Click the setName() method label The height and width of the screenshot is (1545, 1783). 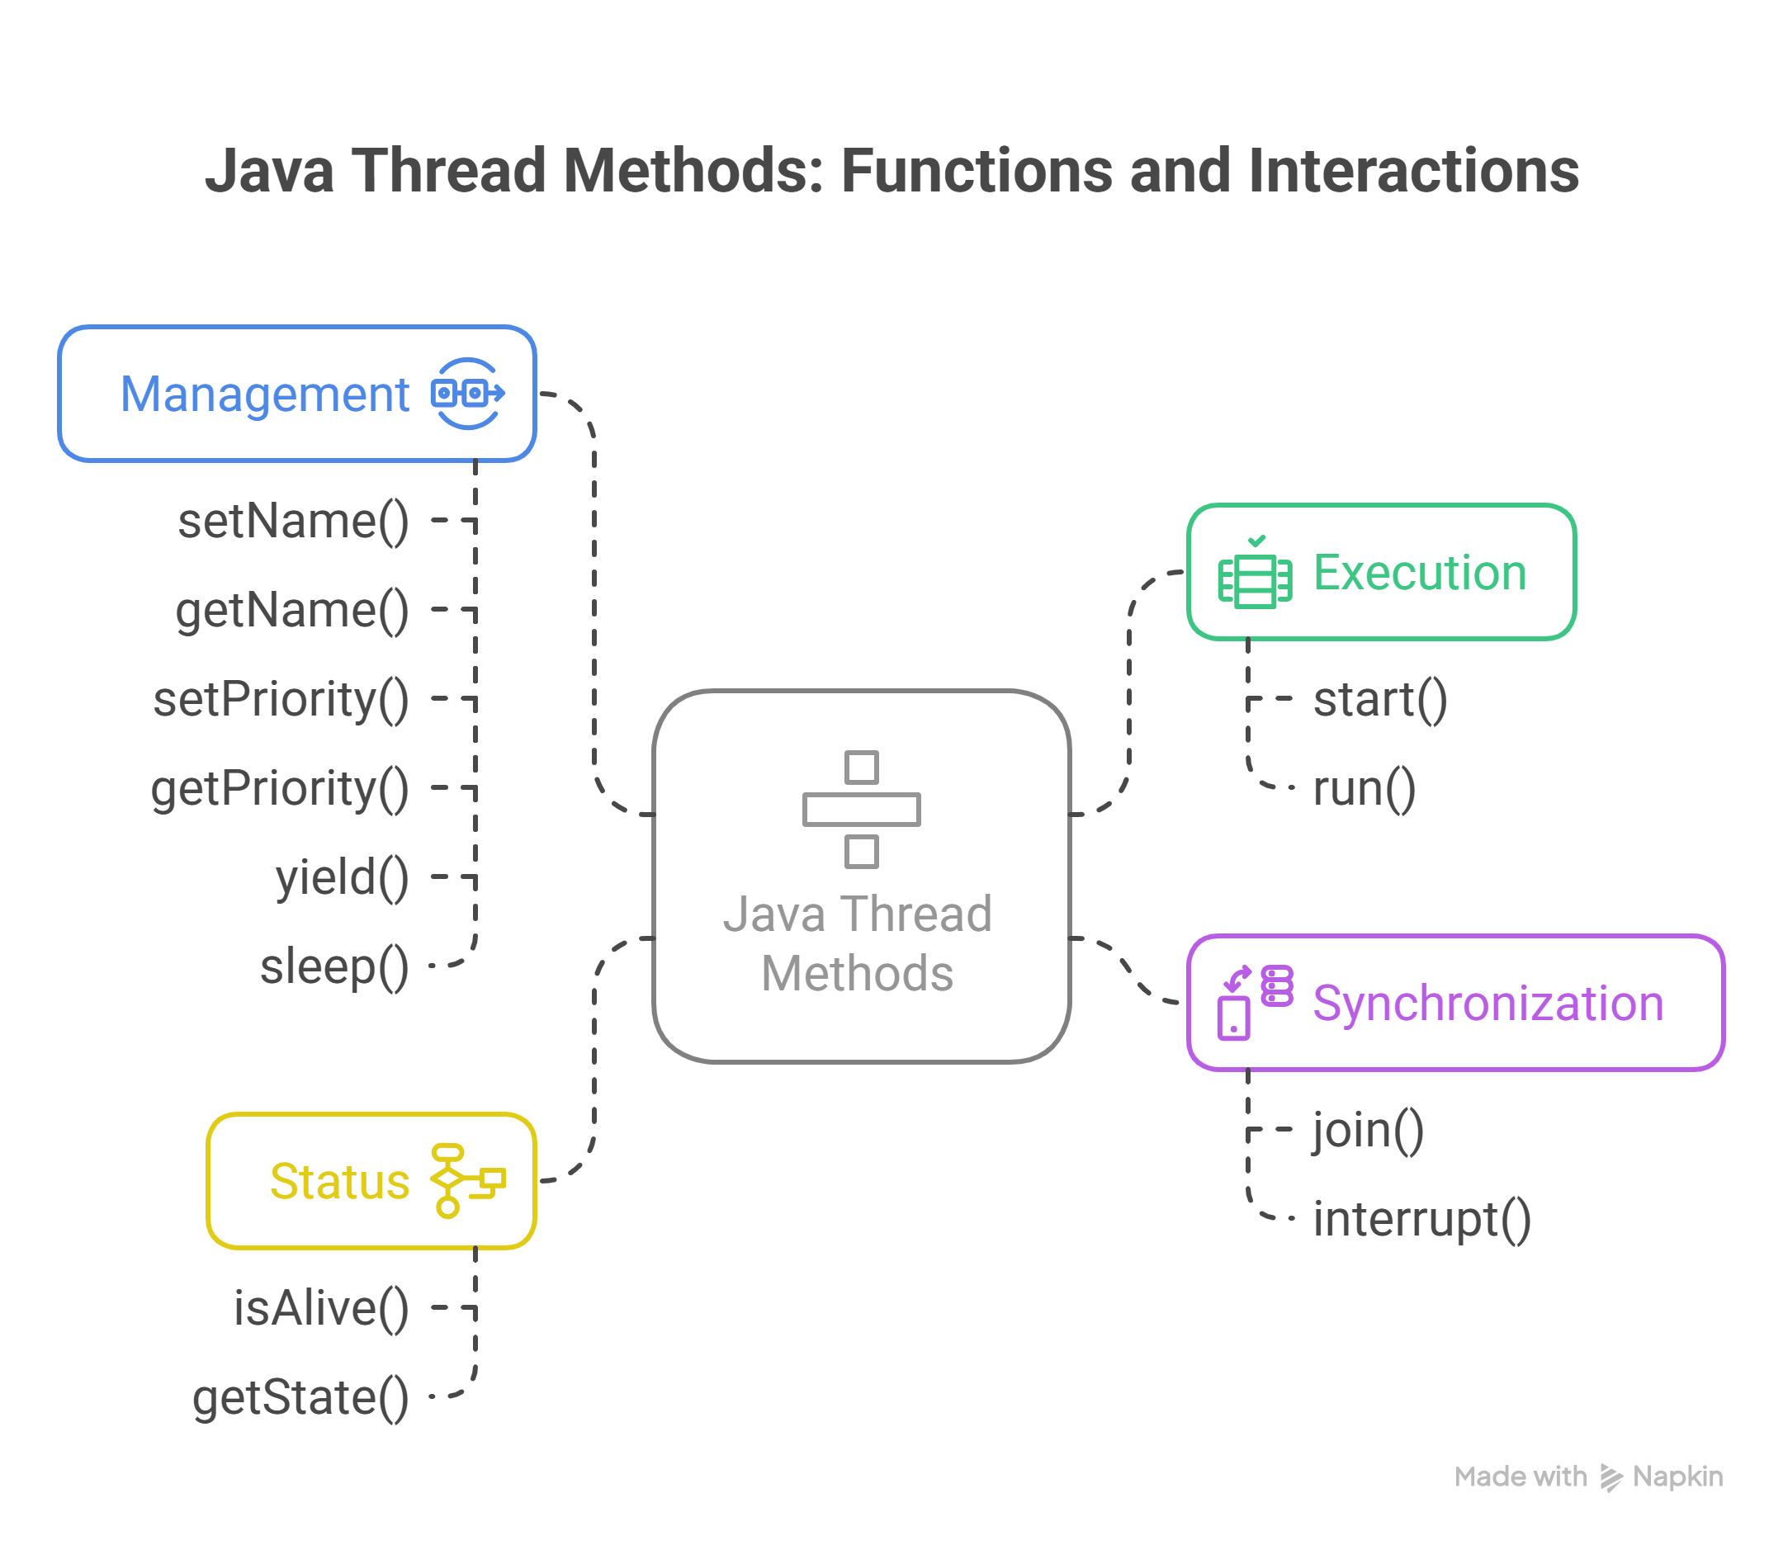point(293,522)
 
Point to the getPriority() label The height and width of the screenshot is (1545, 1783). point(279,788)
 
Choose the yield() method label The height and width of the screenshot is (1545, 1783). point(342,877)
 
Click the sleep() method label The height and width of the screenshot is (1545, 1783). point(333,966)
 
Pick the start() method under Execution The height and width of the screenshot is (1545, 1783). point(1379,699)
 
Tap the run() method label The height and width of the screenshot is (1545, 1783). point(1363,788)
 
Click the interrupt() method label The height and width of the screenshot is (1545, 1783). point(1421,1219)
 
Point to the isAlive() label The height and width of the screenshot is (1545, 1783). point(321,1308)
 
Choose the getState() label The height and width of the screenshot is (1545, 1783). point(300,1397)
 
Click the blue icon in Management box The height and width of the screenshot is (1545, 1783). point(467,394)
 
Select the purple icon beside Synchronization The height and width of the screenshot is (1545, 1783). point(1255,1003)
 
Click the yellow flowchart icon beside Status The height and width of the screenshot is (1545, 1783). point(467,1181)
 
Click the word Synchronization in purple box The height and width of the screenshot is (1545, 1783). point(1487,1004)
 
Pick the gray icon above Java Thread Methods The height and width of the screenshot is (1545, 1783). point(860,809)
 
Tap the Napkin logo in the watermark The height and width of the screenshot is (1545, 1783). point(1610,1476)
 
